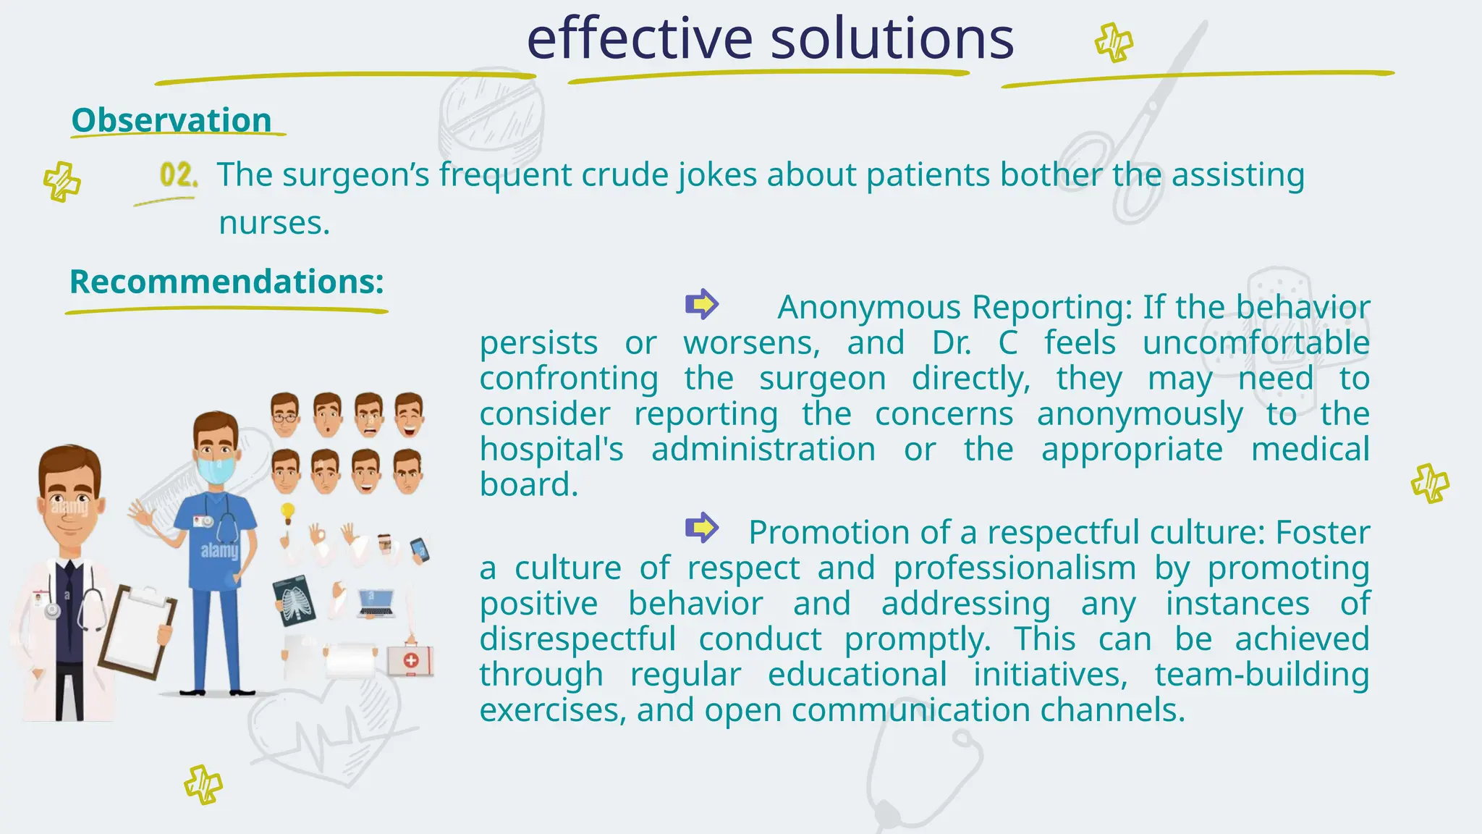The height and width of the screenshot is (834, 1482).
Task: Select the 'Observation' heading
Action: [x=172, y=120]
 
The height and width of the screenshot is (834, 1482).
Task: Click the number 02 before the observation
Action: [x=178, y=175]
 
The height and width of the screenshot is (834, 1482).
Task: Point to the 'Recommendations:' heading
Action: [x=226, y=282]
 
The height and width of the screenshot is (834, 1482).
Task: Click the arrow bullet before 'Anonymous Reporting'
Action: [x=701, y=304]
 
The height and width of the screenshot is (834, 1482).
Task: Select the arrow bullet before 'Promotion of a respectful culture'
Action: [x=701, y=528]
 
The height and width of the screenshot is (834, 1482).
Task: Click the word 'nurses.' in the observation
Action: [x=274, y=223]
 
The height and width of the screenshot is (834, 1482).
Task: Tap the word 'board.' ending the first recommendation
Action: [x=529, y=484]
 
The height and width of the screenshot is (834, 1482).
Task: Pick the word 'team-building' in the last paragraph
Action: [x=1261, y=675]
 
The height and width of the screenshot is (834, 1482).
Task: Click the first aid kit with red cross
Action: [x=410, y=660]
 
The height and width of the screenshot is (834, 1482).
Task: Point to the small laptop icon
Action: [x=376, y=603]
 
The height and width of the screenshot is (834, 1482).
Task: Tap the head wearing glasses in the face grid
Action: [x=285, y=414]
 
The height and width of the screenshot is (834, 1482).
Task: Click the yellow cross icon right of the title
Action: [x=1114, y=43]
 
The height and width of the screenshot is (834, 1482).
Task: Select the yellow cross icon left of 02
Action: [x=62, y=181]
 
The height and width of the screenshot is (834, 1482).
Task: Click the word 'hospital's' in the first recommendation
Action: [x=551, y=450]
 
